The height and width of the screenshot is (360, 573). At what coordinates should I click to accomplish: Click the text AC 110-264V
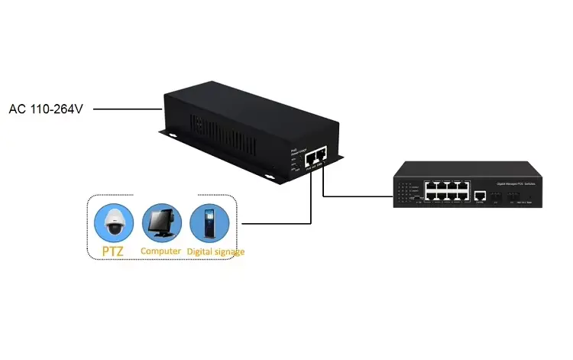tap(45, 109)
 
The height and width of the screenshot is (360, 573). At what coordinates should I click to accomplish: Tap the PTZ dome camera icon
tap(114, 222)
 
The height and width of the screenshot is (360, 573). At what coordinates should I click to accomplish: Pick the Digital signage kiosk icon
tap(209, 222)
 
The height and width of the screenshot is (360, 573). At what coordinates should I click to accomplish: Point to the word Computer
tap(161, 251)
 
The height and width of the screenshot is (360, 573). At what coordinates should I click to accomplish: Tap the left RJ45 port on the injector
tap(309, 158)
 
